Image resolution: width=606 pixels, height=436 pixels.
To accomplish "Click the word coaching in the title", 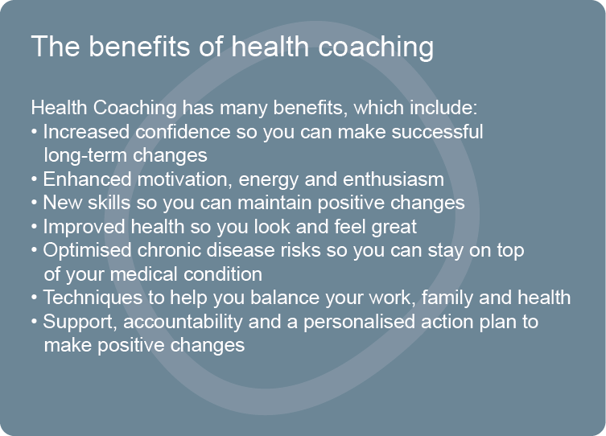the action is pos(376,47).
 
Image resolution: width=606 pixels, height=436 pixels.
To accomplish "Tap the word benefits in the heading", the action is pos(140,47).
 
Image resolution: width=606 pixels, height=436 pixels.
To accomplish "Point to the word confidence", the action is pos(183,132).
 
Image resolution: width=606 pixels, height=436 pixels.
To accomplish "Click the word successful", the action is pos(437,132).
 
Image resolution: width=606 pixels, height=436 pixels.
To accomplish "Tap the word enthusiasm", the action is pos(394,179).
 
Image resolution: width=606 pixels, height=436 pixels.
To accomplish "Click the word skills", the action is pos(109,204).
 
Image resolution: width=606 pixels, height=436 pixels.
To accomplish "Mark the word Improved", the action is pos(84,227).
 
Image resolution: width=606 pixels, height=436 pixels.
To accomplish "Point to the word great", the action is pos(394,228).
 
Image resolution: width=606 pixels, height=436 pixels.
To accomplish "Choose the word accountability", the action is pos(183,322).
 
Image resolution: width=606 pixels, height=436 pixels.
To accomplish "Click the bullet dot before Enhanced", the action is pos(35,179).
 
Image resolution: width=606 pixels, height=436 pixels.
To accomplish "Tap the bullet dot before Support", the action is pos(35,322).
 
